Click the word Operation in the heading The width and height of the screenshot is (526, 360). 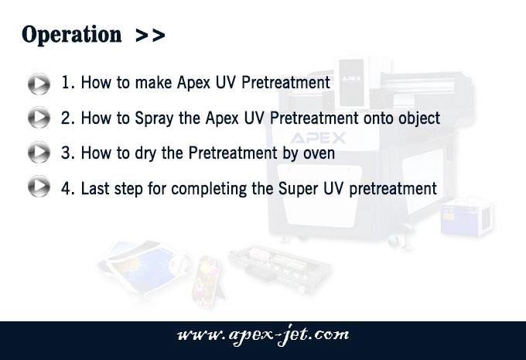(x=71, y=35)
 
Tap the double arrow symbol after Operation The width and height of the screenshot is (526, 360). (x=150, y=36)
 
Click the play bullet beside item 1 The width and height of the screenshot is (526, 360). (x=39, y=84)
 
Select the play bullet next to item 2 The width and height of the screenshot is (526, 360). (x=39, y=117)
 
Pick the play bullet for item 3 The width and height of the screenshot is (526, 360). (x=39, y=152)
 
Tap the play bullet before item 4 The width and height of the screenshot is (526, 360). (x=39, y=186)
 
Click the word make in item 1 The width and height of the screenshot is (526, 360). (x=153, y=82)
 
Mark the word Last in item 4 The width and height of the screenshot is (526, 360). (x=95, y=188)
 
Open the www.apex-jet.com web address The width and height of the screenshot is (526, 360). (x=263, y=335)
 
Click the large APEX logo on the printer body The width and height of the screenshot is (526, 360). (x=318, y=138)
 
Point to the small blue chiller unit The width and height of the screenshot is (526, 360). (x=466, y=216)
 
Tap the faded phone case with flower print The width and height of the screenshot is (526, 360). (x=207, y=281)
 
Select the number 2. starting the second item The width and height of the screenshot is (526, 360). (x=68, y=118)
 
